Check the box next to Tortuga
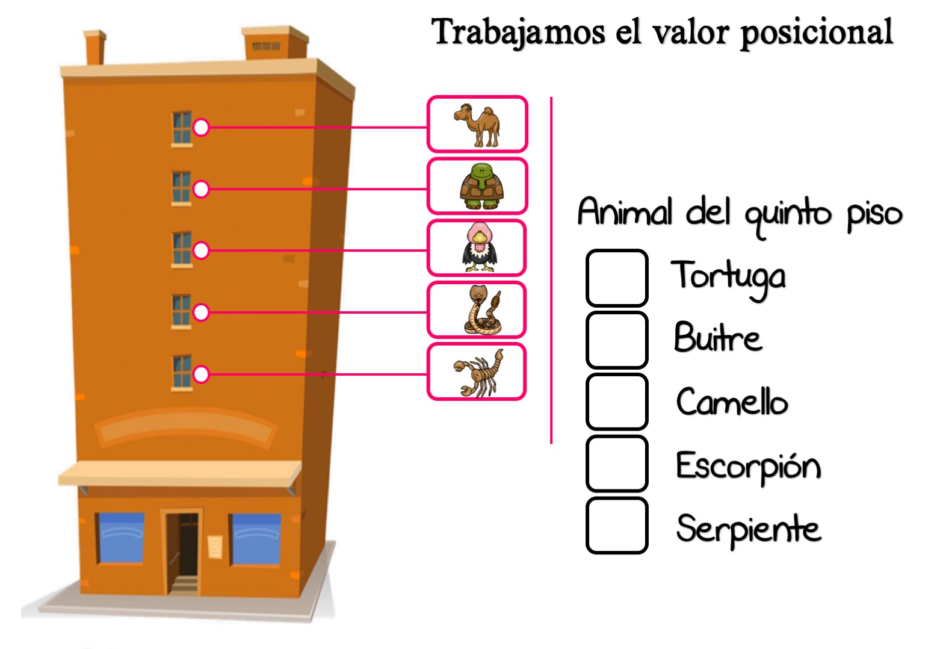pos(617,278)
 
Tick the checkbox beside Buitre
pos(617,340)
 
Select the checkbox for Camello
pos(617,402)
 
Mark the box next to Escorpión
pos(617,464)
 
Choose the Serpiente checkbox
pos(617,526)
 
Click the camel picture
pos(477,124)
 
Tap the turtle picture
pos(481,186)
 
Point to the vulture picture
pos(480,247)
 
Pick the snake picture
pos(483,309)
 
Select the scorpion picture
pos(478,373)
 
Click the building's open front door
pos(183,551)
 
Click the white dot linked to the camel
pos(201,127)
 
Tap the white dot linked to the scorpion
pos(201,374)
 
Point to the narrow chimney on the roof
pos(95,48)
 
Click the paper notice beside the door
pos(215,546)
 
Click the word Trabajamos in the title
pos(518,33)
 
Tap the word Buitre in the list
pos(718,337)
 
